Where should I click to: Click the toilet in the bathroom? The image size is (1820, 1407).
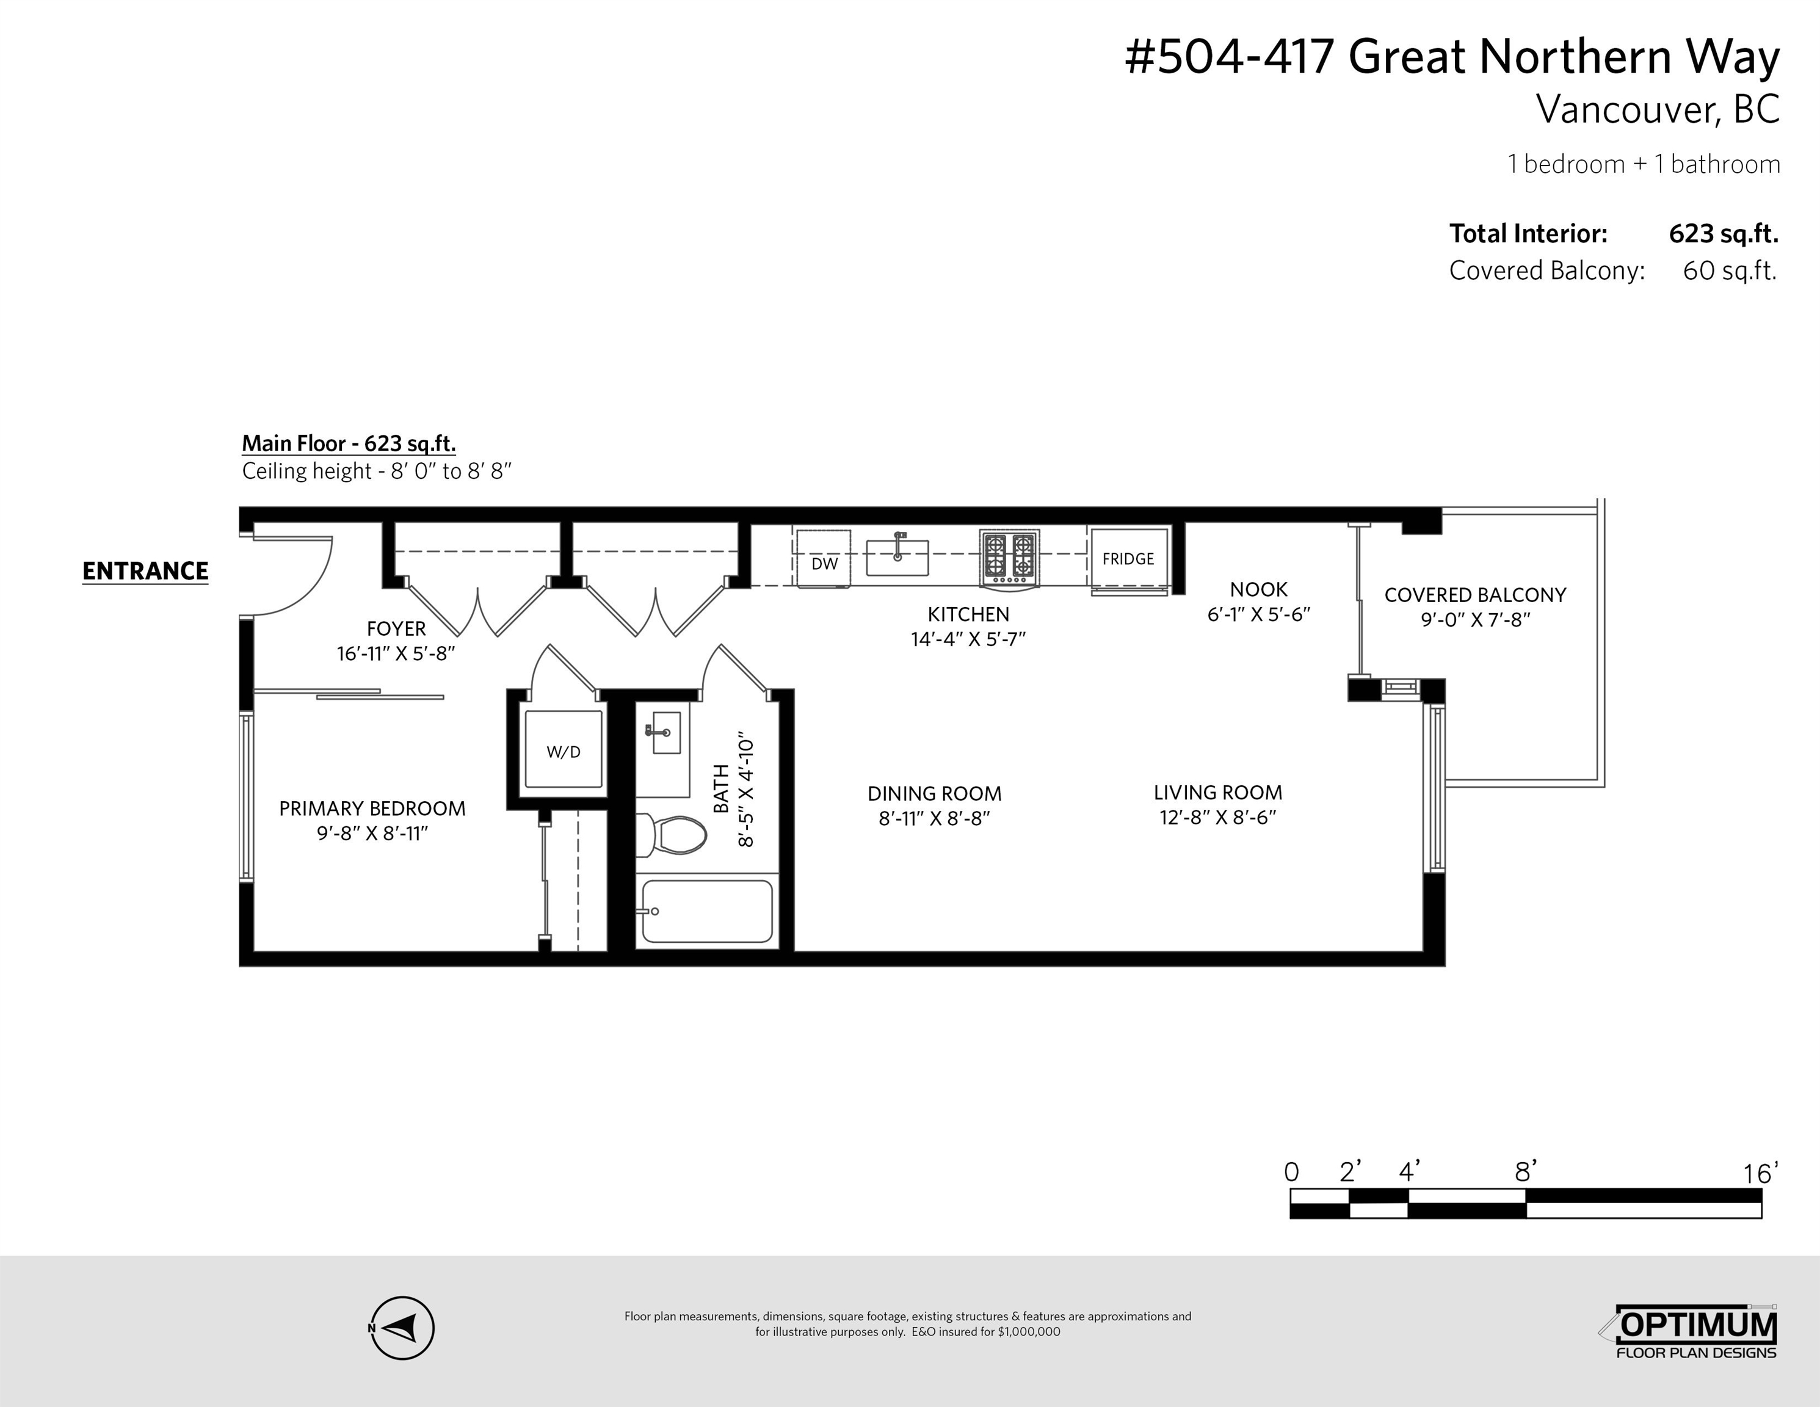click(x=672, y=835)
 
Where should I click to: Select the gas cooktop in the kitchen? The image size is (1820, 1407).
click(x=1009, y=557)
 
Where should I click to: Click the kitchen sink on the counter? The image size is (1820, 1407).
click(x=897, y=557)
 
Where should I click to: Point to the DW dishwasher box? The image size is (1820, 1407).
click(x=824, y=559)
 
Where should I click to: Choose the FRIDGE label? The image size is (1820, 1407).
click(x=1128, y=559)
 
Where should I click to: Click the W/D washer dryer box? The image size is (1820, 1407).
click(x=564, y=750)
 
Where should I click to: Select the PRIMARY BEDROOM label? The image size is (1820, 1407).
click(x=372, y=809)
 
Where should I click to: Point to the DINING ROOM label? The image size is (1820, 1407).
click(x=934, y=793)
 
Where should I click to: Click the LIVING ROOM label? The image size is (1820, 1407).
click(x=1217, y=793)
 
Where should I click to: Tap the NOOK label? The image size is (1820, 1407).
click(x=1258, y=589)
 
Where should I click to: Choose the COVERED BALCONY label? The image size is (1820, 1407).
click(x=1475, y=595)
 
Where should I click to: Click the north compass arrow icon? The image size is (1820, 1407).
click(x=402, y=1327)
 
